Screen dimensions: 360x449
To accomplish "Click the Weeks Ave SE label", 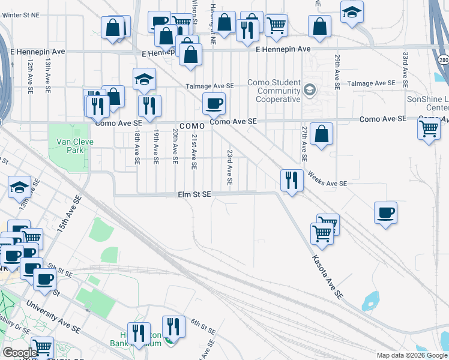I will point(327,179).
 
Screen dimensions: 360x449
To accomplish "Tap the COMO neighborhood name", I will point(193,126).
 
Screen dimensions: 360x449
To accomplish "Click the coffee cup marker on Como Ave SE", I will point(214,104).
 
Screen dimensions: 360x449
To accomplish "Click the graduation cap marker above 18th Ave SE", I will point(144,80).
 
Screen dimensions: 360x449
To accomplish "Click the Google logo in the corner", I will point(20,353).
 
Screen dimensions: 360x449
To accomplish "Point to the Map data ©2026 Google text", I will point(412,355).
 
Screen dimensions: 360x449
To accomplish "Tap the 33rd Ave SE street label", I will point(406,68).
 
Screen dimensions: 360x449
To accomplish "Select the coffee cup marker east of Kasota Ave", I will point(385,212).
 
